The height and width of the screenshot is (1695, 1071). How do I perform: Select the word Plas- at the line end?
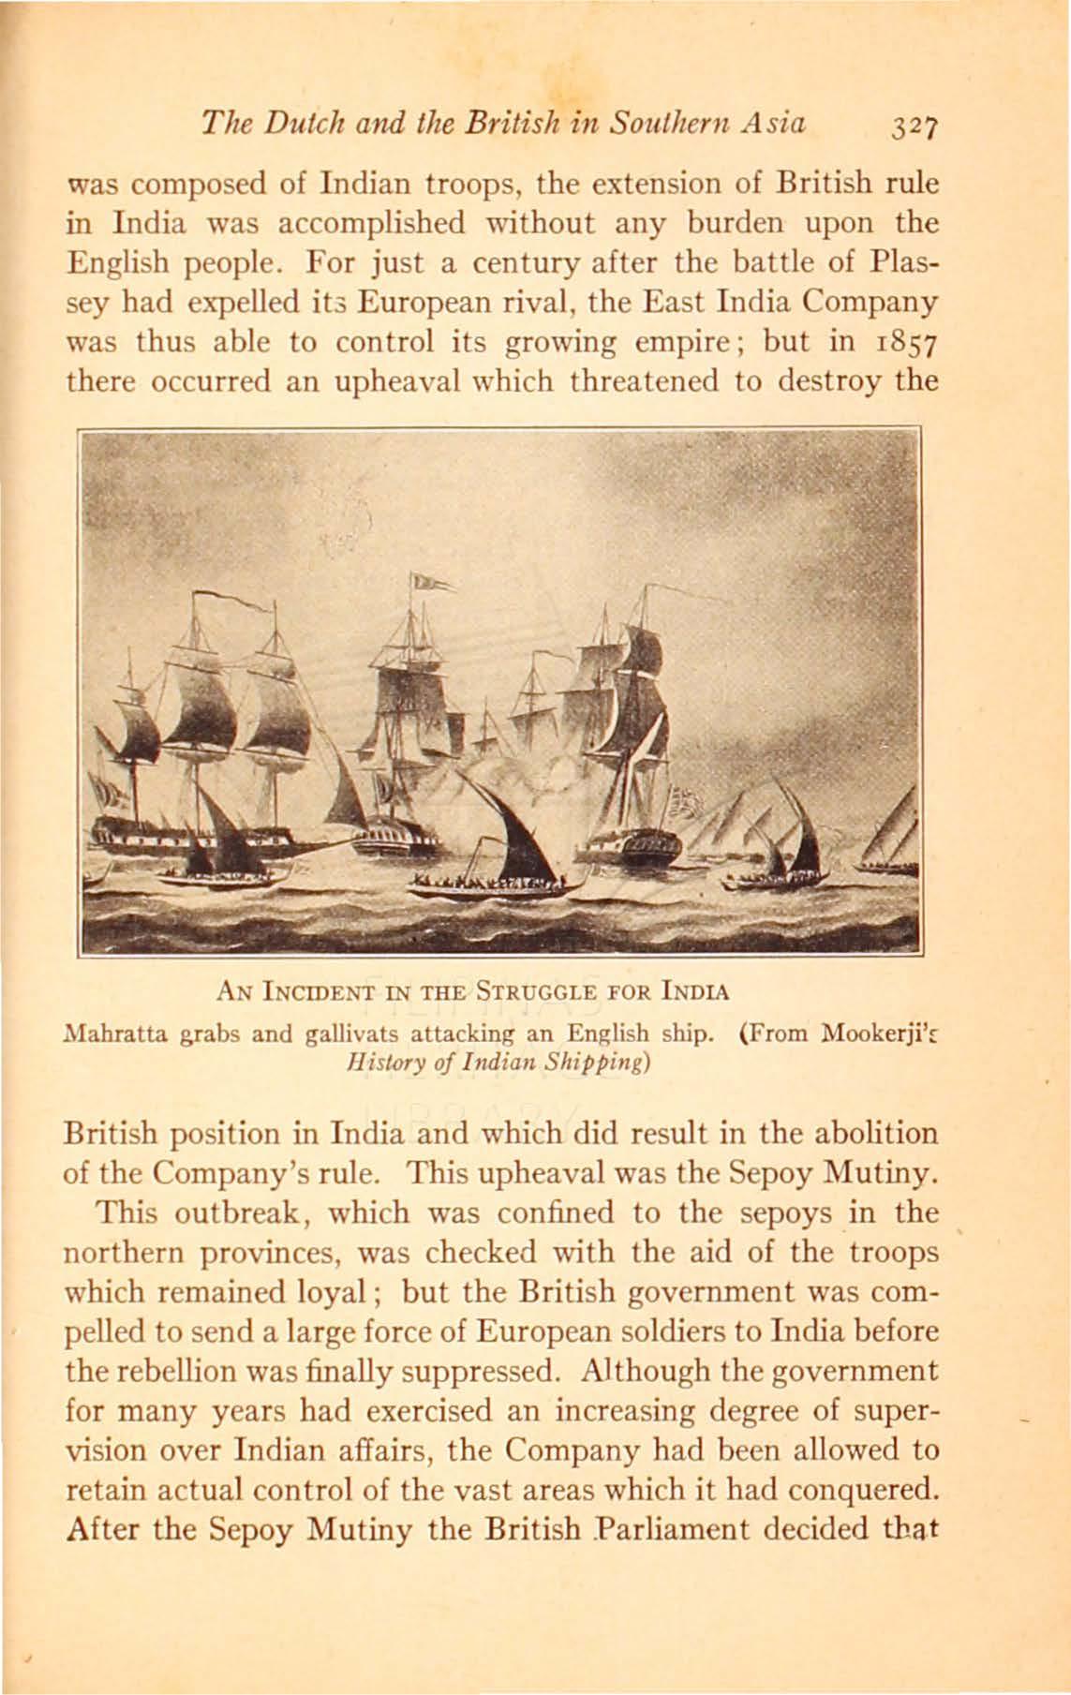click(896, 263)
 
